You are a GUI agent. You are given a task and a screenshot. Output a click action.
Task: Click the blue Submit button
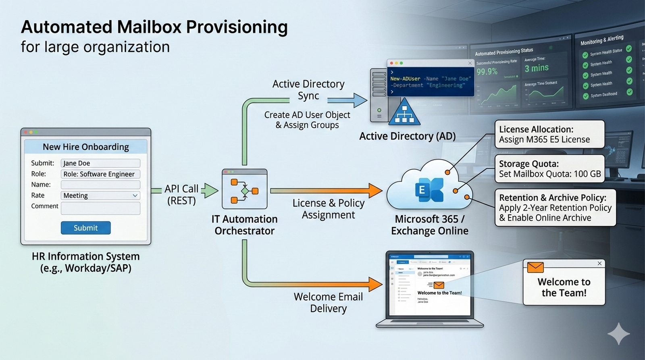pyautogui.click(x=85, y=228)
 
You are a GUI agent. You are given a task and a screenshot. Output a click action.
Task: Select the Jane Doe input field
pyautogui.click(x=100, y=163)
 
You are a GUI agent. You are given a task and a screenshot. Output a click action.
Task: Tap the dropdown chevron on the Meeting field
pyautogui.click(x=135, y=196)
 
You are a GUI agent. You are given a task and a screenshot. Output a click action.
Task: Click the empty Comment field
pyautogui.click(x=100, y=208)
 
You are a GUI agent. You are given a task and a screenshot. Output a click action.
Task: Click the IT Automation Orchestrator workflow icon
pyautogui.click(x=244, y=189)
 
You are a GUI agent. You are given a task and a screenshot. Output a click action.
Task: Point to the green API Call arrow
pyautogui.click(x=209, y=190)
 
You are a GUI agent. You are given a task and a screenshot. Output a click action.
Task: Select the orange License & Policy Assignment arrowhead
pyautogui.click(x=375, y=190)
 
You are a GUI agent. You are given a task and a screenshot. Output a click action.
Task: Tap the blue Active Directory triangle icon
pyautogui.click(x=404, y=112)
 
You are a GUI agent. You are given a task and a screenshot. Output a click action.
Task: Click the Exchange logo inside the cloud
pyautogui.click(x=429, y=189)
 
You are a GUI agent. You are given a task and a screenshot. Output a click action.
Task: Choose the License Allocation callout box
pyautogui.click(x=549, y=134)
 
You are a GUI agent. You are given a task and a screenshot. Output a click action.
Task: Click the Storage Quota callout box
pyautogui.click(x=549, y=169)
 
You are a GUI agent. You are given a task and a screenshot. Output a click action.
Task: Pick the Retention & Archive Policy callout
pyautogui.click(x=555, y=208)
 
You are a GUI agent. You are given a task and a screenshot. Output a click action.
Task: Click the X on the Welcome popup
pyautogui.click(x=599, y=263)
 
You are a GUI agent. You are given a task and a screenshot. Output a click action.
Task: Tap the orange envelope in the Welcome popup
pyautogui.click(x=535, y=267)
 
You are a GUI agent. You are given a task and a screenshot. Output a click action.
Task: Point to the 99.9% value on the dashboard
pyautogui.click(x=487, y=72)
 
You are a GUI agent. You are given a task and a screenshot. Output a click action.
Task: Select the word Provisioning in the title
pyautogui.click(x=237, y=27)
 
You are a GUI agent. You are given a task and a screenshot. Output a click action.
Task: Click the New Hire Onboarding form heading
pyautogui.click(x=86, y=147)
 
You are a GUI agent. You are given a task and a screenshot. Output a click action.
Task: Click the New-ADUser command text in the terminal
pyautogui.click(x=405, y=79)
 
